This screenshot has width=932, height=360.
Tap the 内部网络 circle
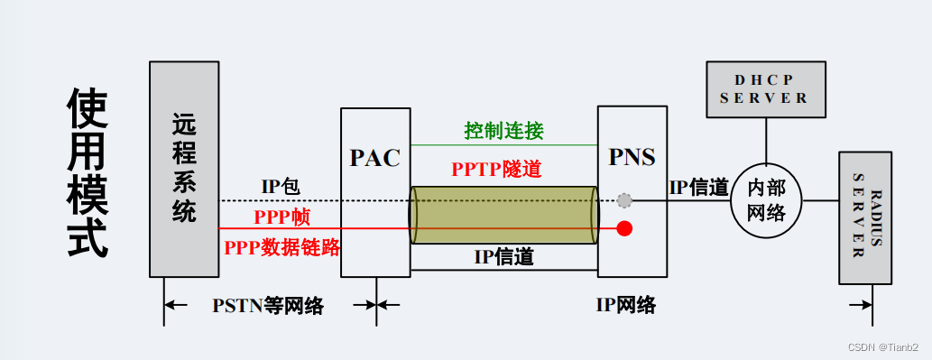click(765, 200)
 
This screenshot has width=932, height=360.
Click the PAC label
click(374, 158)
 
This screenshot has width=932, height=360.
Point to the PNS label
click(632, 158)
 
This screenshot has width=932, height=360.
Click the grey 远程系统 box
click(184, 169)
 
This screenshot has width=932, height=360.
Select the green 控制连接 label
click(503, 132)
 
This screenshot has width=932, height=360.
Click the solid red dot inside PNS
click(624, 228)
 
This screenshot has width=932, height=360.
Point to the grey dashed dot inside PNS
click(624, 200)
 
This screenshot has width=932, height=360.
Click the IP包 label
click(281, 187)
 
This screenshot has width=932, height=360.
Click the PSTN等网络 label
click(268, 305)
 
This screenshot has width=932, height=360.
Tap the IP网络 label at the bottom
click(625, 305)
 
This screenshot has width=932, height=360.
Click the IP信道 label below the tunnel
click(504, 257)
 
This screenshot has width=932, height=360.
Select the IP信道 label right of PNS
click(698, 188)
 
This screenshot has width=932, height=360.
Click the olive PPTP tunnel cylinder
click(503, 215)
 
